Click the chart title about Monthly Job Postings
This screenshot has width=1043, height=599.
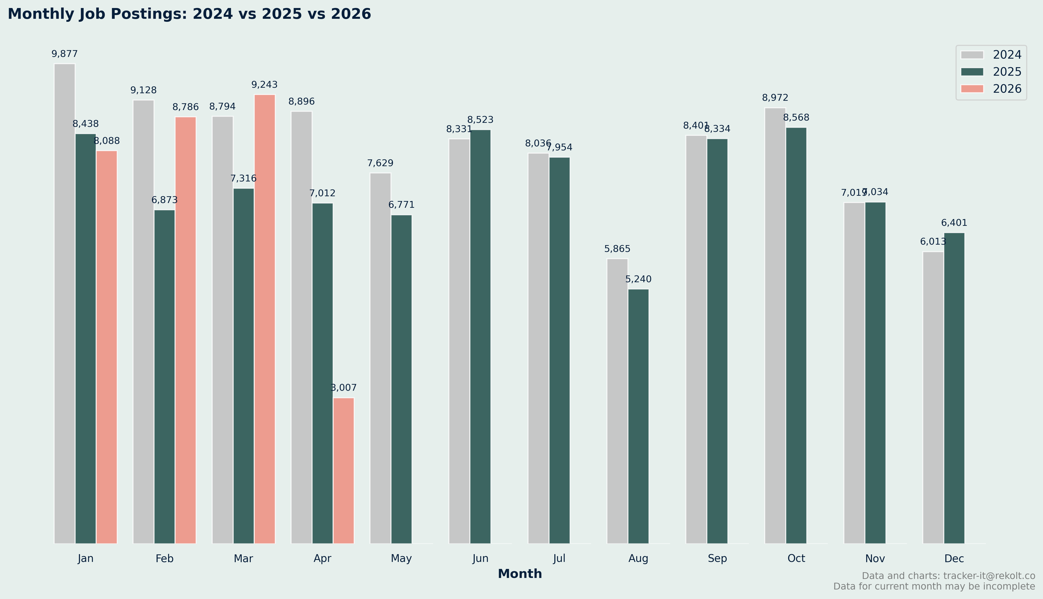[189, 14]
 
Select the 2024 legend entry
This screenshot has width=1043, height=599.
[991, 55]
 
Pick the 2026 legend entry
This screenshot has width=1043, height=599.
[991, 89]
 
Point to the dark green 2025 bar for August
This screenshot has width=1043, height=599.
[638, 416]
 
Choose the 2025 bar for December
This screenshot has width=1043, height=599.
[954, 388]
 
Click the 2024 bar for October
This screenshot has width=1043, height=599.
[775, 325]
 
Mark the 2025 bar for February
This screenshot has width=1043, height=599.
[165, 376]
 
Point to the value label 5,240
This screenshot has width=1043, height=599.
[638, 279]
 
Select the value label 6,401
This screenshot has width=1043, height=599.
[954, 223]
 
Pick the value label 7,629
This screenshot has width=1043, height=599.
[380, 163]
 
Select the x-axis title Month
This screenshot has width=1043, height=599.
[520, 574]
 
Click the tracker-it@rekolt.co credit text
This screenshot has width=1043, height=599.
[948, 576]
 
